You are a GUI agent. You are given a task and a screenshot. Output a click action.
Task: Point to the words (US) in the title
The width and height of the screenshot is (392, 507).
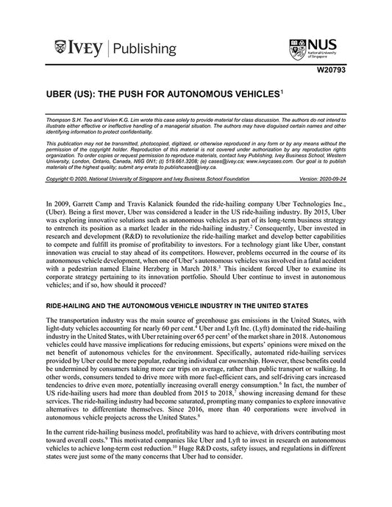82,96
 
